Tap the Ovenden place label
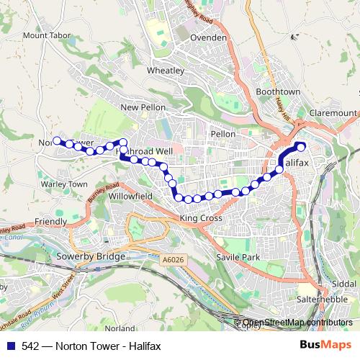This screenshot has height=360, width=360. pos(210,37)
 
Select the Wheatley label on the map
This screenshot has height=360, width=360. pos(166,71)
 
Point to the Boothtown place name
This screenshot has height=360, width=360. pos(277,92)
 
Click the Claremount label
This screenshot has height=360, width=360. pos(332,113)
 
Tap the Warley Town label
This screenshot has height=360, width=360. pos(65,184)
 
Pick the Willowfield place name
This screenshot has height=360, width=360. pos(130,195)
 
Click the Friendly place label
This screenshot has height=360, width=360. pos(50,222)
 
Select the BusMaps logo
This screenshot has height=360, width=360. pos(326,345)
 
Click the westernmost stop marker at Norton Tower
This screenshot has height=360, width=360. pos(58,141)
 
